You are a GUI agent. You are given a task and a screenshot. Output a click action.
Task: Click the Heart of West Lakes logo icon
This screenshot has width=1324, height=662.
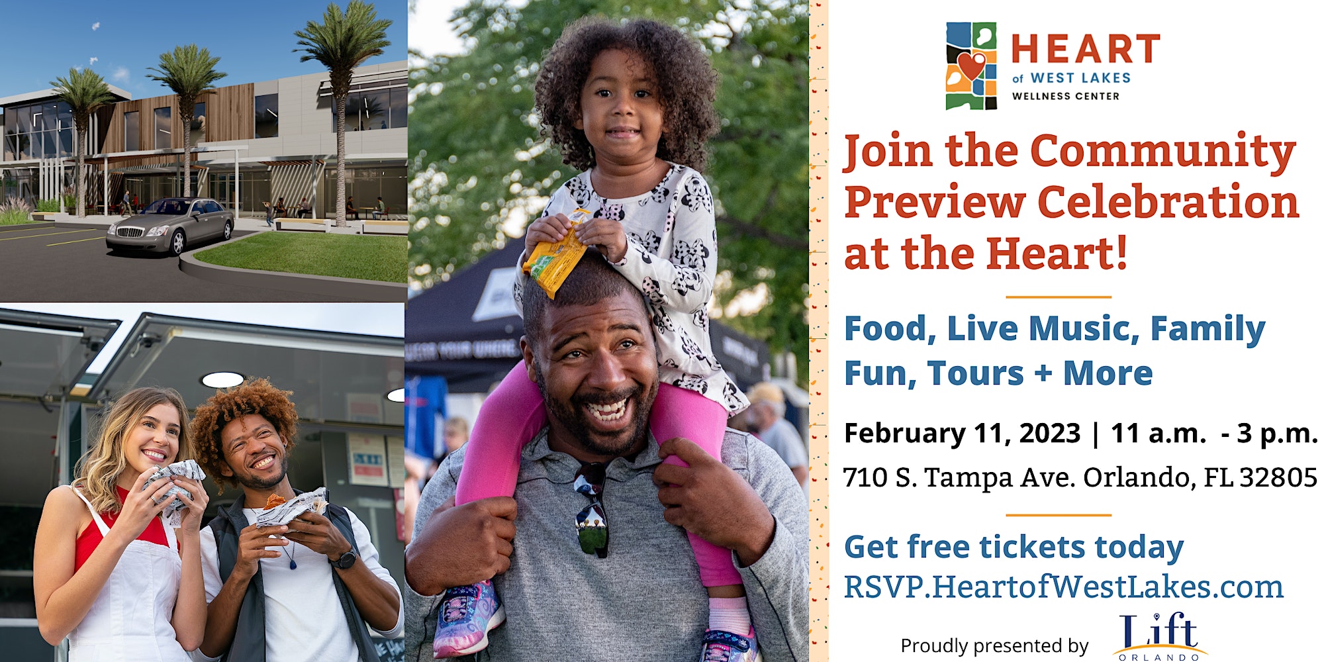pos(971,66)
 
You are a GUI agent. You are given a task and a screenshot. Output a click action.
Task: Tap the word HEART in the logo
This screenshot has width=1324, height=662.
pos(1086,50)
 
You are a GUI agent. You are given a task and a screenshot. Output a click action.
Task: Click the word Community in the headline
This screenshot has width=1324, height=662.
pos(1163,152)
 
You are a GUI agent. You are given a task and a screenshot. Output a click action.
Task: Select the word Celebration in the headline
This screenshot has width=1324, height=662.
pos(1168,202)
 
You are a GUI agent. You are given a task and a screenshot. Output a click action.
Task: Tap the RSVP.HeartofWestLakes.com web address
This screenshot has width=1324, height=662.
pos(1064,587)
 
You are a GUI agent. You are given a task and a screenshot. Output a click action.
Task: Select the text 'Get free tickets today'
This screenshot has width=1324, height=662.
pos(1014,547)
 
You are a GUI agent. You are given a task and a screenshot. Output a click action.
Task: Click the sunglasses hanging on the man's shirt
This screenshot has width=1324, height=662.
pos(591,508)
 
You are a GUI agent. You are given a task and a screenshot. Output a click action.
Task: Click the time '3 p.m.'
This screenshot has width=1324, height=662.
pos(1277,434)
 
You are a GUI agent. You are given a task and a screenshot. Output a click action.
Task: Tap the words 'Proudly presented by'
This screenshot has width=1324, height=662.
pos(994,645)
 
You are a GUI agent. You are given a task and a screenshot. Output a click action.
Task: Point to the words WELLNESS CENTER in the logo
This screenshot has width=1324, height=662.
pos(1066,96)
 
